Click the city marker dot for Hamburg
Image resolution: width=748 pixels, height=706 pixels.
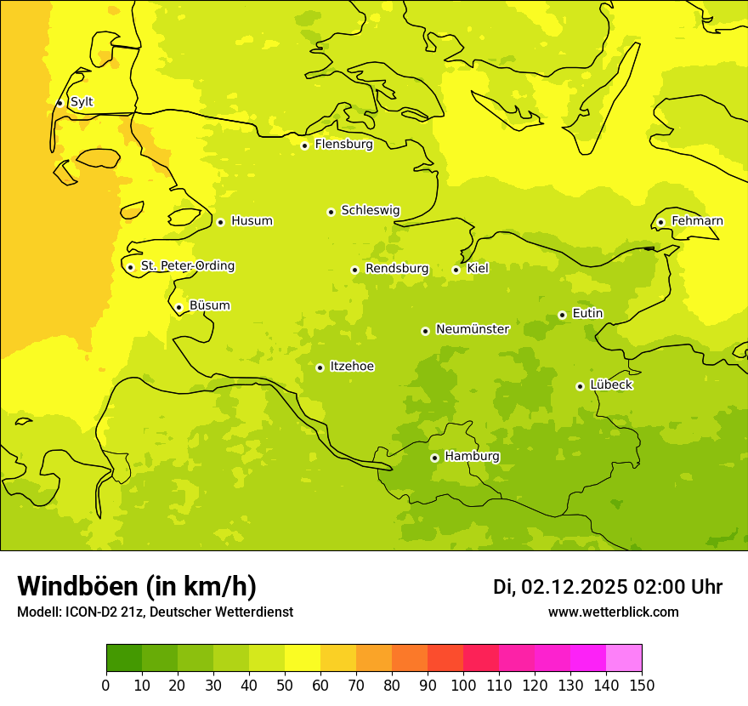(x=434, y=458)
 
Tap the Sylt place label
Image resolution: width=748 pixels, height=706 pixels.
(x=82, y=102)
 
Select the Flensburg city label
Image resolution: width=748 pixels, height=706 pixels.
(x=343, y=145)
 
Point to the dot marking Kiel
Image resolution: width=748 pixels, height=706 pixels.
(x=456, y=270)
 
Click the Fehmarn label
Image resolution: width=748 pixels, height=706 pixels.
(x=697, y=221)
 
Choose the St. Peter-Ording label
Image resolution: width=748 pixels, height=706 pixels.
(x=187, y=266)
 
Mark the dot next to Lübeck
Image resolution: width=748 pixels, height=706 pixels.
(x=580, y=386)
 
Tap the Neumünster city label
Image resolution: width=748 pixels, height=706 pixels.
(x=472, y=329)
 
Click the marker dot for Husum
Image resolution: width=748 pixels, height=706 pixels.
(x=220, y=222)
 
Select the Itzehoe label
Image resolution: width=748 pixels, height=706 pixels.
(x=352, y=367)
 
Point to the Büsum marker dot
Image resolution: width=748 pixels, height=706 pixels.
(x=178, y=308)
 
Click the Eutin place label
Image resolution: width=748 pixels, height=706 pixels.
(x=587, y=314)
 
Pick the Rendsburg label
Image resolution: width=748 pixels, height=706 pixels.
(x=397, y=269)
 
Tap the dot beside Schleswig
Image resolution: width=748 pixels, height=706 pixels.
(x=331, y=212)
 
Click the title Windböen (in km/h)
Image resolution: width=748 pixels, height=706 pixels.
(x=137, y=586)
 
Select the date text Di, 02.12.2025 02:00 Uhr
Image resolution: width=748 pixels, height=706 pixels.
(x=608, y=587)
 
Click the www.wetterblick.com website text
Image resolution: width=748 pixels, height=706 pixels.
(x=613, y=612)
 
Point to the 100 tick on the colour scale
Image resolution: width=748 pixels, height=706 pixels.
(x=463, y=685)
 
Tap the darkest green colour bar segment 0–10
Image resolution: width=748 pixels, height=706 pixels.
(x=124, y=658)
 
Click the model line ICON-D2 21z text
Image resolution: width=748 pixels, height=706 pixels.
(x=155, y=612)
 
